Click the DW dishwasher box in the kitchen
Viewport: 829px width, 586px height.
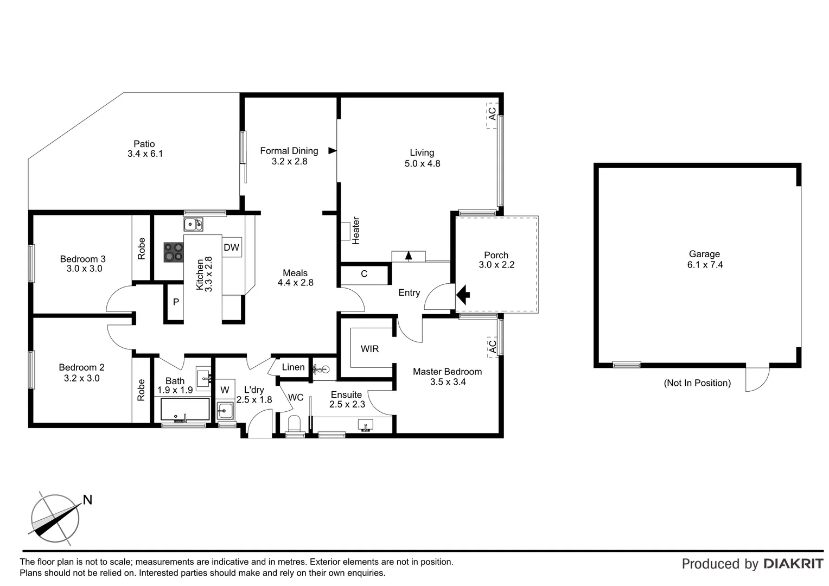coord(232,247)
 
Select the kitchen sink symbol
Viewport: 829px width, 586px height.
coord(193,224)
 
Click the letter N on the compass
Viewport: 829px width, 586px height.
coord(87,500)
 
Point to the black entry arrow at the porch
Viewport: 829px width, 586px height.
coord(462,295)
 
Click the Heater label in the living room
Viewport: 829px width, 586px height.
coord(356,231)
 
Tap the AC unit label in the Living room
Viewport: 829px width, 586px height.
coord(492,114)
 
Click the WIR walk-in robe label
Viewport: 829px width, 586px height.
coord(369,349)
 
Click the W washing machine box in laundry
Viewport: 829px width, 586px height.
coord(225,390)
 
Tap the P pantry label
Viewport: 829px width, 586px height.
coord(176,302)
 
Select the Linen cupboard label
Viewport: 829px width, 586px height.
coord(293,367)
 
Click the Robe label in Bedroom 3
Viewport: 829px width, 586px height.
coord(142,249)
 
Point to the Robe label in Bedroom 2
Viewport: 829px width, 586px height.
coord(142,390)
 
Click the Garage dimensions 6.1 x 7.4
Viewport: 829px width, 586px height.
coord(704,265)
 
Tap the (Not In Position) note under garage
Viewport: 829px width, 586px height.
coord(697,383)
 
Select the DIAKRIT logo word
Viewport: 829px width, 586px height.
coord(793,564)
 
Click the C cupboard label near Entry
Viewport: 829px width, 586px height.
coord(364,274)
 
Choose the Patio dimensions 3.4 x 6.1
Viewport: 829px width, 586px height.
coord(145,154)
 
